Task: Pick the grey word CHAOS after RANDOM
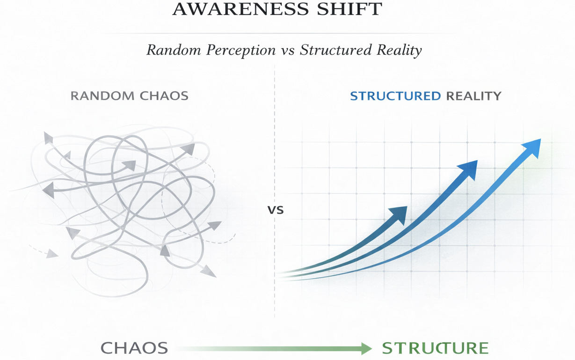(x=164, y=96)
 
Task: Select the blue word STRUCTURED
(x=395, y=96)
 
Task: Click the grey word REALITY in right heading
(x=473, y=96)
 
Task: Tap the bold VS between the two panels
(x=276, y=210)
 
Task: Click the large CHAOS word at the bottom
(x=134, y=348)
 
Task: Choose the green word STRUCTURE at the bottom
(x=435, y=348)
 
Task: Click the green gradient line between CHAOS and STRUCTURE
(x=267, y=348)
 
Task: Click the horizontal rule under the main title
(x=287, y=33)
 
